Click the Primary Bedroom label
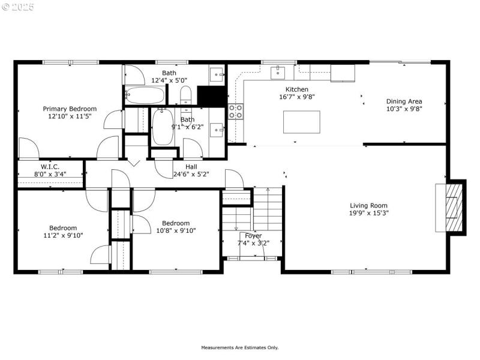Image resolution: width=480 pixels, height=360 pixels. [x=70, y=109]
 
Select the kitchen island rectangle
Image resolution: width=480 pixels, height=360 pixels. [x=301, y=122]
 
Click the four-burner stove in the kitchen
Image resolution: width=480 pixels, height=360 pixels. [x=236, y=111]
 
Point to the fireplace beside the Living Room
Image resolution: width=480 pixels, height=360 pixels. [x=454, y=207]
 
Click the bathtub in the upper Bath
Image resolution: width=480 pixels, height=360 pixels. [x=144, y=95]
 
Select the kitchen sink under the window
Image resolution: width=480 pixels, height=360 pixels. [x=278, y=73]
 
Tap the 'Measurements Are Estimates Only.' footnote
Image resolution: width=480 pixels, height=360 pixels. [x=239, y=347]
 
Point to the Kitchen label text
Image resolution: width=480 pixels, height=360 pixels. [x=296, y=89]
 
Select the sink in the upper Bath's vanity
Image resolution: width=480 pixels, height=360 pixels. [x=216, y=75]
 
